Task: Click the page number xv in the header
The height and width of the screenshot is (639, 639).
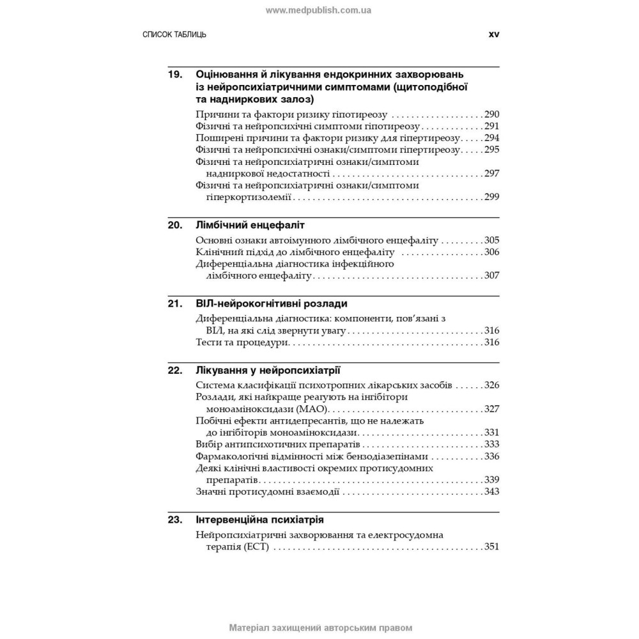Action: [x=493, y=35]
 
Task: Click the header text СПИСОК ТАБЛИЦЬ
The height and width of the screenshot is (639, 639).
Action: [x=174, y=35]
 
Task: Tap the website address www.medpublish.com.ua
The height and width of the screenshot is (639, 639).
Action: [x=319, y=10]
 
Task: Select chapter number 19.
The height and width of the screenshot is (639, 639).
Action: [x=175, y=75]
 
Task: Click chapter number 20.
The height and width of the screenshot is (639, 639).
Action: [x=175, y=226]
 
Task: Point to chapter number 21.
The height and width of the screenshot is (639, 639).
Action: [x=175, y=304]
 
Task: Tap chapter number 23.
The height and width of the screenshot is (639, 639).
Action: [x=175, y=520]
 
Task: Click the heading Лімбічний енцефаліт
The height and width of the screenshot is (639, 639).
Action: [x=250, y=226]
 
